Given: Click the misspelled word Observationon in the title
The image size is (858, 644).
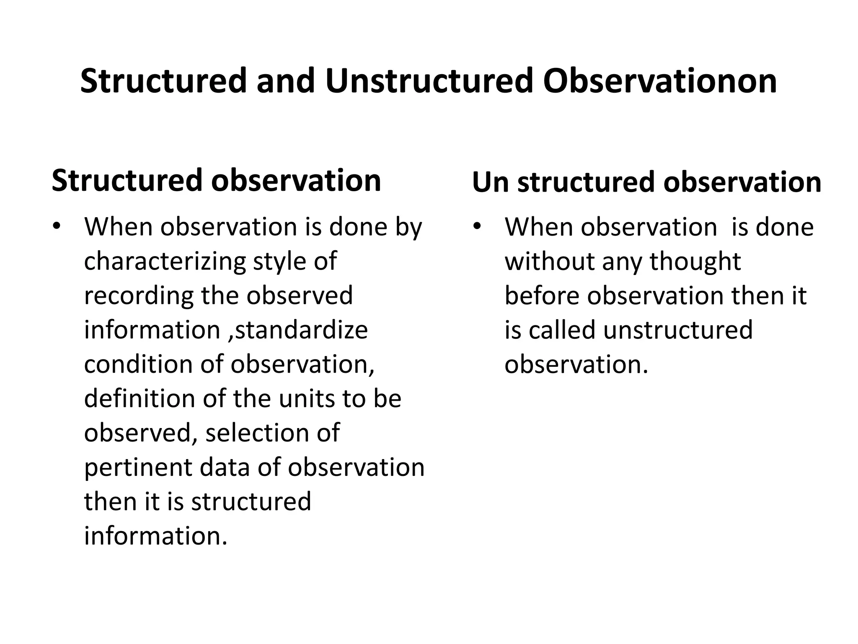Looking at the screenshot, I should pyautogui.click(x=660, y=81).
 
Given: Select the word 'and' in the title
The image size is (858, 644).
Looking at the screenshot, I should pyautogui.click(x=285, y=81).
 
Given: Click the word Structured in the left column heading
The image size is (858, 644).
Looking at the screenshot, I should pyautogui.click(x=127, y=180).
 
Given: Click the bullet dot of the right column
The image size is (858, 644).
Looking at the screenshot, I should pyautogui.click(x=476, y=227).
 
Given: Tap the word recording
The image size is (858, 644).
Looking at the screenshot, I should pyautogui.click(x=139, y=296).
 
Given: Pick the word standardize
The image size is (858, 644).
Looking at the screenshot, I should pyautogui.click(x=301, y=330).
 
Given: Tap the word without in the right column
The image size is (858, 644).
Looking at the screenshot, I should pyautogui.click(x=549, y=261).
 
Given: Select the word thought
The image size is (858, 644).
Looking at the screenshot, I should pyautogui.click(x=695, y=261).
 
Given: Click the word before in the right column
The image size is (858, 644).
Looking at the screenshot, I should pyautogui.click(x=542, y=296).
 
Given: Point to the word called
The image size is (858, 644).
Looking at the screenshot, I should pyautogui.click(x=562, y=330).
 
